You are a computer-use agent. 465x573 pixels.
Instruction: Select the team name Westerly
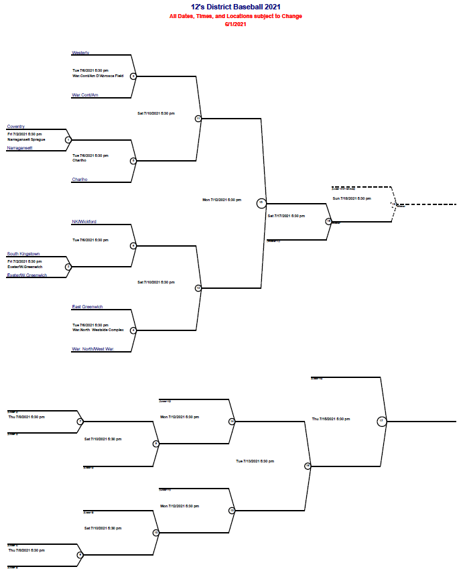tap(81, 52)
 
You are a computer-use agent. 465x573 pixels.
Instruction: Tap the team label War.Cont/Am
tap(85, 95)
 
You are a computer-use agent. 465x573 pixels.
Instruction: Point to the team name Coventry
tap(16, 126)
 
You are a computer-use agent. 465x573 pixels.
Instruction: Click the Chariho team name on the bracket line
tap(80, 180)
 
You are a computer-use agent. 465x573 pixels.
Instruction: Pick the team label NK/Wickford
tap(85, 221)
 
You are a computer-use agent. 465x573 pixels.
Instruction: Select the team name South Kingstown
tap(23, 254)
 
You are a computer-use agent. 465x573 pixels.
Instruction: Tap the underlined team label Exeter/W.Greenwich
tap(27, 275)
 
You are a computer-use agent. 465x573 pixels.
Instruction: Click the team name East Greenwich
tap(87, 306)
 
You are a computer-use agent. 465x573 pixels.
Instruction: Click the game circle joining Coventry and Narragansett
tap(68, 140)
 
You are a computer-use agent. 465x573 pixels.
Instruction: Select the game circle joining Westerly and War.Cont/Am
tap(133, 76)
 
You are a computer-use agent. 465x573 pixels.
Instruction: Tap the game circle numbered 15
tap(261, 203)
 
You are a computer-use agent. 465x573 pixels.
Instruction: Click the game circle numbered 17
tap(381, 421)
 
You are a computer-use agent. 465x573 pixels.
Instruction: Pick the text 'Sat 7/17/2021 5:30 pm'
tap(287, 216)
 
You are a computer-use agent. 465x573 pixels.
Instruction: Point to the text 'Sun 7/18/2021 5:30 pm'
tap(352, 198)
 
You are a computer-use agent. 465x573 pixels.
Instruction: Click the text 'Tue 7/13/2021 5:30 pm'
tap(255, 461)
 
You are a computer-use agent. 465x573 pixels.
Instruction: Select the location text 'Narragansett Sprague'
tap(26, 139)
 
